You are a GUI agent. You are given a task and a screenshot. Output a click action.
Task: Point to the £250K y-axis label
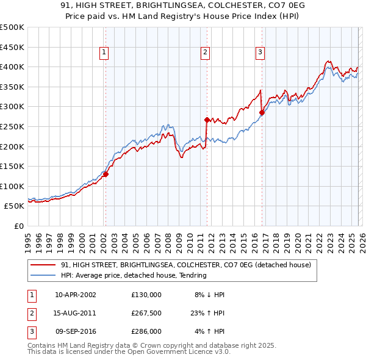point(12,126)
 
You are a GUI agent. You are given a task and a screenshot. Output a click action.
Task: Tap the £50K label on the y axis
point(15,206)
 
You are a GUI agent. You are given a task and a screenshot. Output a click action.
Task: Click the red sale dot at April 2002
point(106,174)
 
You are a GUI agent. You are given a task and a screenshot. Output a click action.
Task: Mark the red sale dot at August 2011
point(207,120)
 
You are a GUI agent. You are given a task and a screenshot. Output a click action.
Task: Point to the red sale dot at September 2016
point(262,112)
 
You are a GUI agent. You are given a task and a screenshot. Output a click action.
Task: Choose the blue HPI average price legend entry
point(134,275)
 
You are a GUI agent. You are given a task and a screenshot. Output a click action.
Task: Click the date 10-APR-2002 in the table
point(76,295)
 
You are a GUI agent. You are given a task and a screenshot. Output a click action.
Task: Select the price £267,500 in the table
point(146,313)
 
